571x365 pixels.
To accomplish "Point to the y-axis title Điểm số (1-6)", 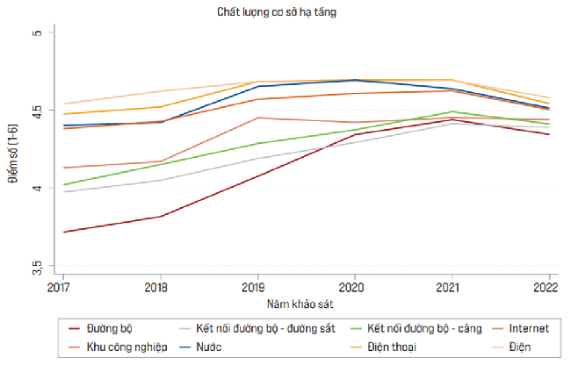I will pyautogui.click(x=12, y=148).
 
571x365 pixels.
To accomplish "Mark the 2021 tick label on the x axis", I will pyautogui.click(x=450, y=286).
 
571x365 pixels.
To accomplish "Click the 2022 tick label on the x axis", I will pyautogui.click(x=546, y=286).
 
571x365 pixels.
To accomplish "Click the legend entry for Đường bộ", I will pyautogui.click(x=106, y=329).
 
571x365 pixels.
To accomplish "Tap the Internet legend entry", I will pyautogui.click(x=527, y=329).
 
